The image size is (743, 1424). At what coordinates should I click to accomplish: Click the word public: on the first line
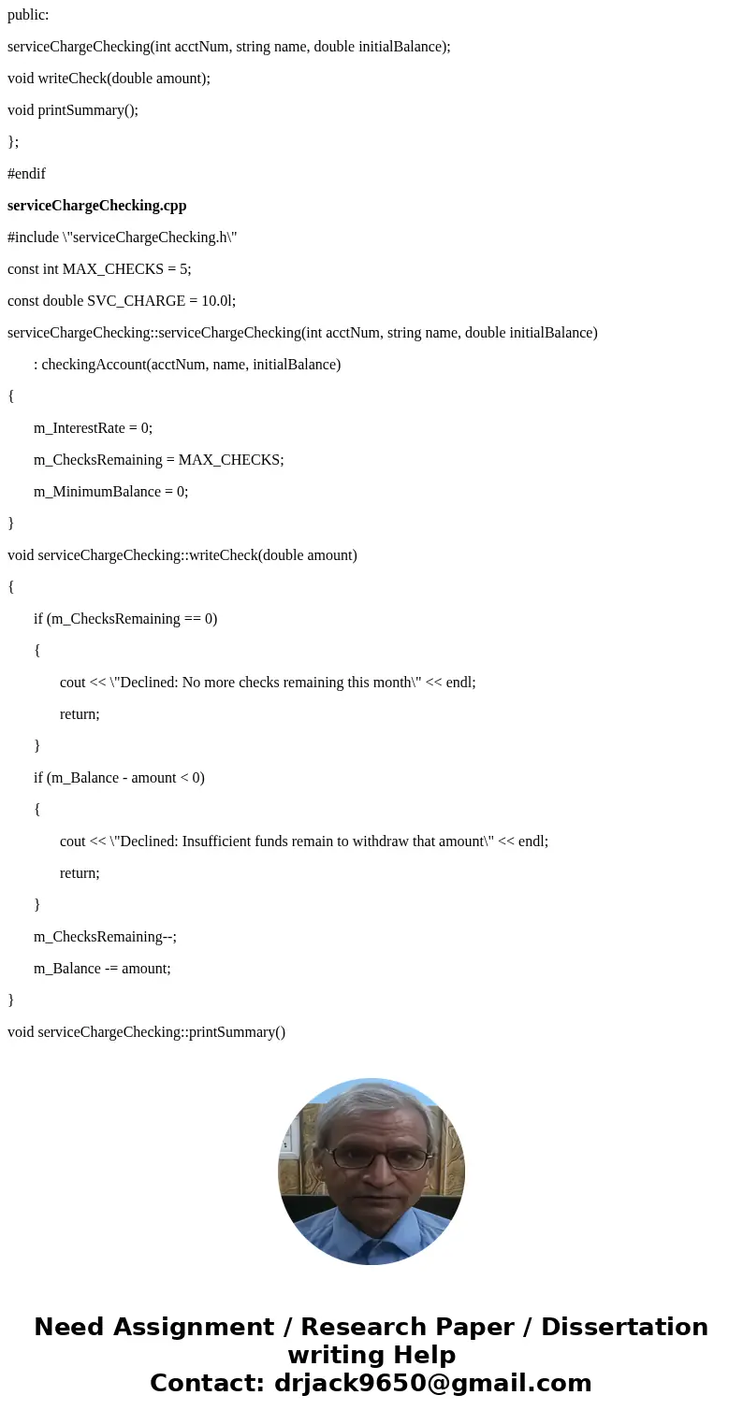click(28, 15)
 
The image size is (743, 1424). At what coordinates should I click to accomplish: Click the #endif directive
click(26, 174)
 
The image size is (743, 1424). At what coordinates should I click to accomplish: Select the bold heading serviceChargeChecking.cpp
click(97, 206)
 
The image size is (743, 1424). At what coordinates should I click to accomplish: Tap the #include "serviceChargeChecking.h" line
click(122, 237)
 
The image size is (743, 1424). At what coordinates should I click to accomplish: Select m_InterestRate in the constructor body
click(80, 428)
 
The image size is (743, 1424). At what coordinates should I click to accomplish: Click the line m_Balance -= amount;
click(102, 969)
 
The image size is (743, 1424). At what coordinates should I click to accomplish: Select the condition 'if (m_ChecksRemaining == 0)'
click(125, 619)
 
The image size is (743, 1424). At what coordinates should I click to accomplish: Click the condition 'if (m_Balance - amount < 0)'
click(119, 778)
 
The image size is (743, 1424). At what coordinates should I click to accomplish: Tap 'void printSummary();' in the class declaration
click(73, 110)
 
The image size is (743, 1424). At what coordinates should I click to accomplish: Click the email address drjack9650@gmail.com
click(432, 1383)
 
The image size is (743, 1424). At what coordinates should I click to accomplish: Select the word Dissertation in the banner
click(624, 1327)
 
